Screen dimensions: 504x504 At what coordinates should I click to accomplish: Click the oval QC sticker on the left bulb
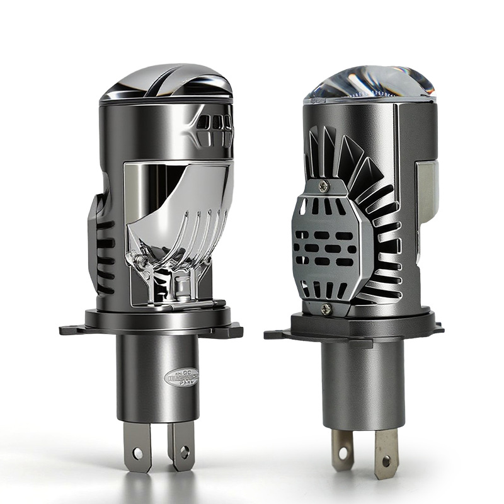tap(181, 377)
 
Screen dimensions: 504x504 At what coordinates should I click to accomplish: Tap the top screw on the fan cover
tap(324, 186)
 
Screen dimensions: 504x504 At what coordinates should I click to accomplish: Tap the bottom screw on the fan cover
tap(326, 309)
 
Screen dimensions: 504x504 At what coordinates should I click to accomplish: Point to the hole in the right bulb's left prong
tap(342, 452)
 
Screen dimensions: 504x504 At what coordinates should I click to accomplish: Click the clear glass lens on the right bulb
tap(370, 84)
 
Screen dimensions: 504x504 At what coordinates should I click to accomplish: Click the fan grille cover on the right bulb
tap(324, 246)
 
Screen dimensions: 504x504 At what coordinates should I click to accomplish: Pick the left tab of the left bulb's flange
tap(71, 329)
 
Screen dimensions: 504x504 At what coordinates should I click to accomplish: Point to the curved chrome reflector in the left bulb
tap(189, 220)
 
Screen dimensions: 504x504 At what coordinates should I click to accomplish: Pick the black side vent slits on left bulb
tap(105, 252)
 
